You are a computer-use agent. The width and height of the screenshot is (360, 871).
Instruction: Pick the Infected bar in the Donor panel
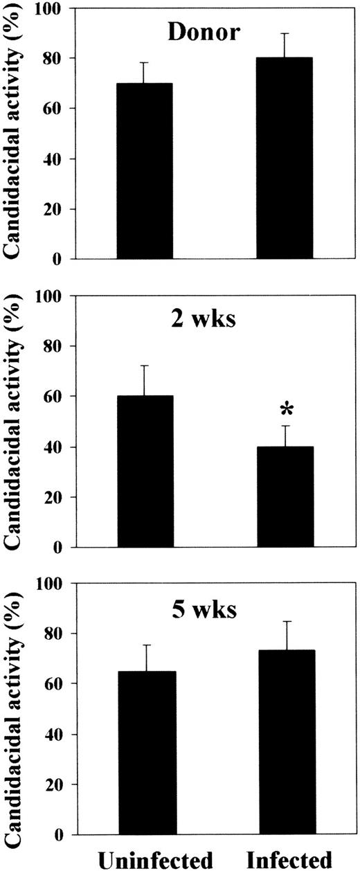click(x=285, y=159)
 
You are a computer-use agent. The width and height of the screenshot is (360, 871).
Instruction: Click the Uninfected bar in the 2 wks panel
click(x=145, y=472)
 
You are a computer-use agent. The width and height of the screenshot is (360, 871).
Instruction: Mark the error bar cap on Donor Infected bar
click(x=285, y=33)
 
